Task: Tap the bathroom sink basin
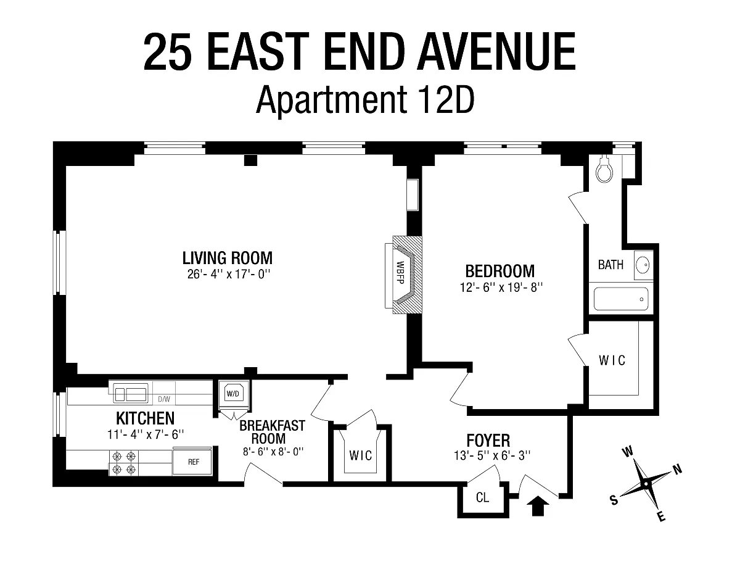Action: point(643,265)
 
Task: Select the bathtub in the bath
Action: point(621,299)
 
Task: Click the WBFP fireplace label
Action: point(400,273)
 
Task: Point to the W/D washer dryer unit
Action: point(233,394)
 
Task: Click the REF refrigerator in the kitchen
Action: point(193,462)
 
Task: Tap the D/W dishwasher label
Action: point(164,399)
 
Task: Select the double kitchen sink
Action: point(131,394)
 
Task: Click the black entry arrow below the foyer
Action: point(538,506)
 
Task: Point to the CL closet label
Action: point(482,498)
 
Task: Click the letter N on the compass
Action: point(677,470)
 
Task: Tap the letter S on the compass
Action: point(614,500)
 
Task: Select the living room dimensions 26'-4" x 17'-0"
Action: point(228,274)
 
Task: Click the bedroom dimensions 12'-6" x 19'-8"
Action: point(501,288)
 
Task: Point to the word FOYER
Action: point(488,441)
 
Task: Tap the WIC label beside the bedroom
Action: point(612,360)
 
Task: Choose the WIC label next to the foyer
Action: point(361,455)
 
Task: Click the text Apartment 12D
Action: point(365,99)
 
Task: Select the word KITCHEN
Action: point(146,418)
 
